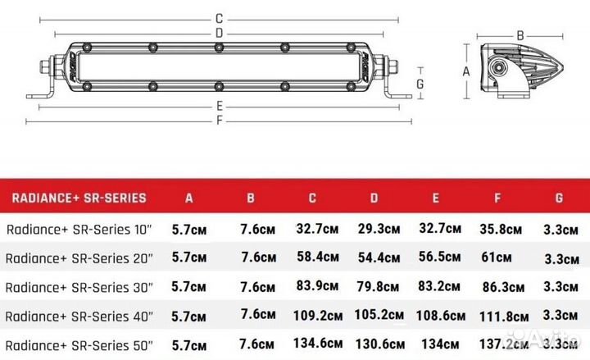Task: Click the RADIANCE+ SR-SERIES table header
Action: pyautogui.click(x=78, y=198)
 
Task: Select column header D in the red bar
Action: pyautogui.click(x=374, y=198)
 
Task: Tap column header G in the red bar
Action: pyautogui.click(x=558, y=198)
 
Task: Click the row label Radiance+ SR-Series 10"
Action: pyautogui.click(x=79, y=230)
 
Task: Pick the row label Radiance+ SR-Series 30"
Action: pyautogui.click(x=79, y=286)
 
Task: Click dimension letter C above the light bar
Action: pyautogui.click(x=219, y=18)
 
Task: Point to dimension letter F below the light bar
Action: pyautogui.click(x=219, y=121)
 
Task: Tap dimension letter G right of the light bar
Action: pyautogui.click(x=419, y=83)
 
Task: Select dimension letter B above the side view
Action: pyautogui.click(x=520, y=34)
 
